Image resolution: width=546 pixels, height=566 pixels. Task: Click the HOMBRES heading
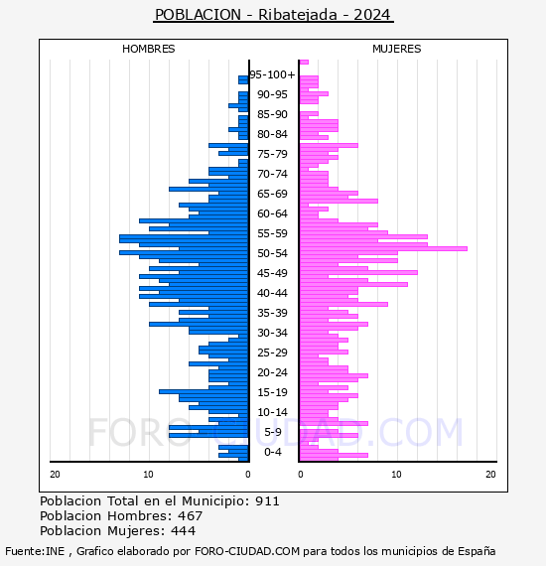pyautogui.click(x=148, y=49)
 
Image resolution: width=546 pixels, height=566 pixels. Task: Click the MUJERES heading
pyautogui.click(x=397, y=49)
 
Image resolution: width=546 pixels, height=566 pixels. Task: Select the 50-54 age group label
pyautogui.click(x=272, y=253)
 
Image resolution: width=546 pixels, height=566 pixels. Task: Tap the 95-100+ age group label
pyautogui.click(x=272, y=74)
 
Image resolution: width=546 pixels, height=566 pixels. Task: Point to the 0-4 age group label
pyautogui.click(x=272, y=452)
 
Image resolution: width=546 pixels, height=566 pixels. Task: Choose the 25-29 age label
pyautogui.click(x=272, y=353)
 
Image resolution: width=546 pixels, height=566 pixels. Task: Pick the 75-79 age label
pyautogui.click(x=272, y=154)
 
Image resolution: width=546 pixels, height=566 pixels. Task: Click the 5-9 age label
pyautogui.click(x=272, y=432)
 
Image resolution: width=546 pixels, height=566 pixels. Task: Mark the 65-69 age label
pyautogui.click(x=272, y=194)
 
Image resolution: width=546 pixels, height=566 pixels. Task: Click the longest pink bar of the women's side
pyautogui.click(x=383, y=248)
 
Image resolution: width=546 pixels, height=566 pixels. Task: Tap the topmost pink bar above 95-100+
pyautogui.click(x=304, y=63)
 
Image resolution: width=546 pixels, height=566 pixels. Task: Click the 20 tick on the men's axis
pyautogui.click(x=55, y=475)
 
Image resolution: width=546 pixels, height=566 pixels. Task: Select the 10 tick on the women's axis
pyautogui.click(x=397, y=475)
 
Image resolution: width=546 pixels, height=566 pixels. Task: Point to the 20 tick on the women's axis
pyautogui.click(x=490, y=475)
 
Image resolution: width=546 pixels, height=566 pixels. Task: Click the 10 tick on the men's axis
pyautogui.click(x=148, y=475)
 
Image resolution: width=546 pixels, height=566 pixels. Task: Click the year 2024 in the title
pyautogui.click(x=372, y=15)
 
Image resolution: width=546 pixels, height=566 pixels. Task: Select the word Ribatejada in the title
pyautogui.click(x=298, y=15)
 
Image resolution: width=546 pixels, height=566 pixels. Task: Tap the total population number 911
pyautogui.click(x=267, y=501)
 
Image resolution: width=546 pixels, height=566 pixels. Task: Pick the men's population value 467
pyautogui.click(x=191, y=516)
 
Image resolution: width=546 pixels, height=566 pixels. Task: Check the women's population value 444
pyautogui.click(x=184, y=531)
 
